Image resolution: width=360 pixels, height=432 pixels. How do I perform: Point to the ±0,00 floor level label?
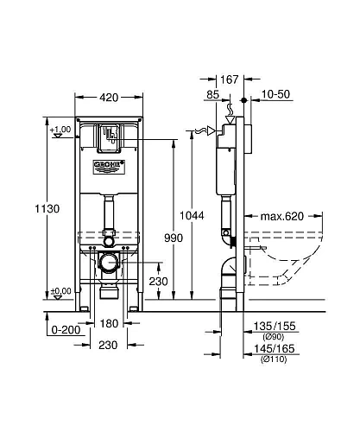[60, 291]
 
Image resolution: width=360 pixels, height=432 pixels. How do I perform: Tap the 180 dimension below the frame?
[107, 325]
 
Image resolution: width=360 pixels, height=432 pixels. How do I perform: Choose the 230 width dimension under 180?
[107, 344]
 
